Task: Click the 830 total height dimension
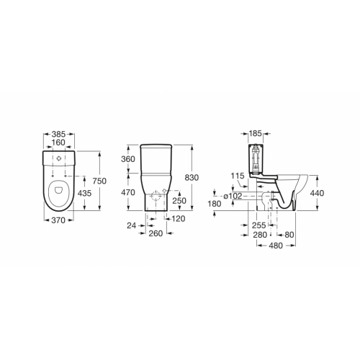pyautogui.click(x=203, y=178)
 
